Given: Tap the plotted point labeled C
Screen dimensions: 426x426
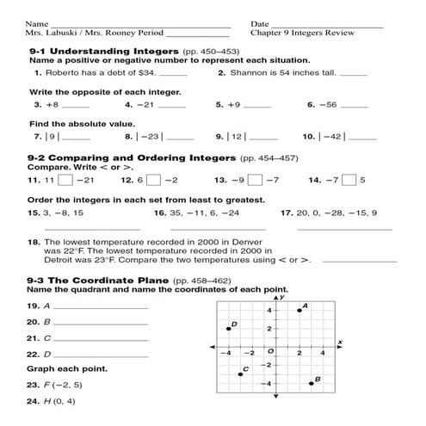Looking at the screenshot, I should click(240, 374).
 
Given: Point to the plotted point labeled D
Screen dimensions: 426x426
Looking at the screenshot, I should click(229, 329).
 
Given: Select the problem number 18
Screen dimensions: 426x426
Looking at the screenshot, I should click(34, 244).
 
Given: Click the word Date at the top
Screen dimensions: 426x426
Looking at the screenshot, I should click(260, 23).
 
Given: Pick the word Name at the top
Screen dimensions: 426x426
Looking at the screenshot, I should click(37, 23).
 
